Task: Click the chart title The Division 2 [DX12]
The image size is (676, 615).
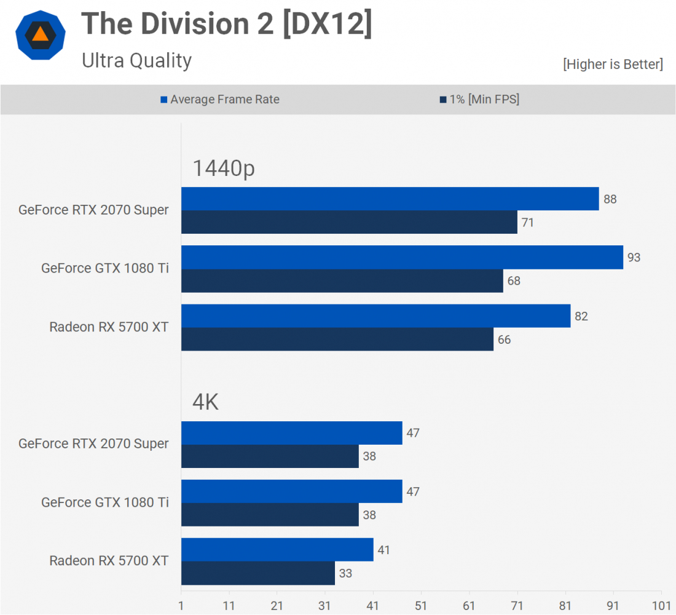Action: click(x=226, y=25)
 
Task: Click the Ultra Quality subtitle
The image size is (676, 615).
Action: click(x=136, y=60)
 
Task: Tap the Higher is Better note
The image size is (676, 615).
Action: click(x=613, y=64)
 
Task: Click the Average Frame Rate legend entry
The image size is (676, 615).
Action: click(x=219, y=99)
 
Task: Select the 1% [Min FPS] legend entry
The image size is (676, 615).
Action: click(x=479, y=99)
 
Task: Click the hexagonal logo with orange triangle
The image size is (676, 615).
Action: click(x=40, y=34)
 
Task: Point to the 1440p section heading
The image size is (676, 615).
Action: click(x=224, y=168)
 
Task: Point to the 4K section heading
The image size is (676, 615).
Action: click(x=206, y=402)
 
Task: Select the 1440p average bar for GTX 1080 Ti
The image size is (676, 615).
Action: click(x=402, y=257)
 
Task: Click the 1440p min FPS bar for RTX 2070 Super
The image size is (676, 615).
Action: click(x=349, y=222)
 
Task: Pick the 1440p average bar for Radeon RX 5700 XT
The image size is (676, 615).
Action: click(x=375, y=316)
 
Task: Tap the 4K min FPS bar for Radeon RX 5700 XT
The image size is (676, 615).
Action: click(x=258, y=573)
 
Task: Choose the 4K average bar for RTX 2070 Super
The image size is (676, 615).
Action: click(x=292, y=433)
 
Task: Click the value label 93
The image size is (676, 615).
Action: click(x=634, y=257)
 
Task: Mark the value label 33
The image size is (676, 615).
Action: click(x=346, y=573)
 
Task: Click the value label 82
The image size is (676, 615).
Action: click(x=581, y=316)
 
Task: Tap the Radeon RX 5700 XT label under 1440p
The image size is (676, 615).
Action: click(x=109, y=327)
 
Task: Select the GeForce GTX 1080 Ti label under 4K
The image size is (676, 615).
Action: click(x=104, y=502)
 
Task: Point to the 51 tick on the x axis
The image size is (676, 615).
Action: click(x=421, y=605)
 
